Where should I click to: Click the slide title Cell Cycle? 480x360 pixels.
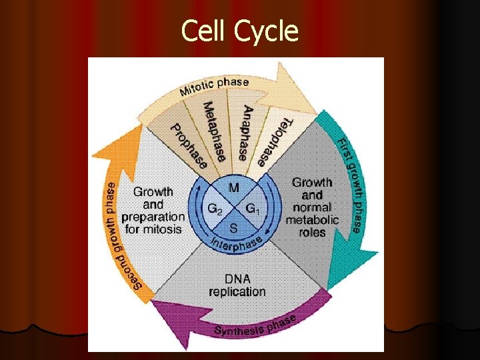point(240,31)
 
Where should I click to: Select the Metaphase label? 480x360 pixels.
point(215,131)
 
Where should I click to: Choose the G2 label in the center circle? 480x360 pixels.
point(215,209)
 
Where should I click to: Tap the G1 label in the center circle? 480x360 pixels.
point(253,209)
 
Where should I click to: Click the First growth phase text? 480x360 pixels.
point(351,183)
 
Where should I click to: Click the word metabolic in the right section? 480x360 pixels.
point(312,220)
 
